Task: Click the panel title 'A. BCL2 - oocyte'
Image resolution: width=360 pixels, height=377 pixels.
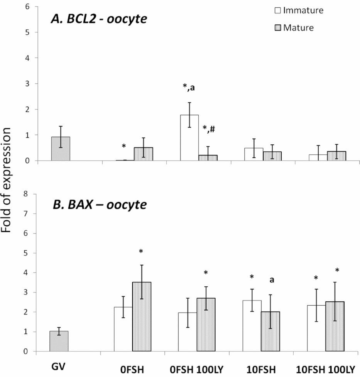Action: [99, 19]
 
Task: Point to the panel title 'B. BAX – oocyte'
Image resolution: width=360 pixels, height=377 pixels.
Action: [99, 204]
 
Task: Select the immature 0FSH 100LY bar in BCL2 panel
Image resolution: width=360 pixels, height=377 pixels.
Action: [189, 138]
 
